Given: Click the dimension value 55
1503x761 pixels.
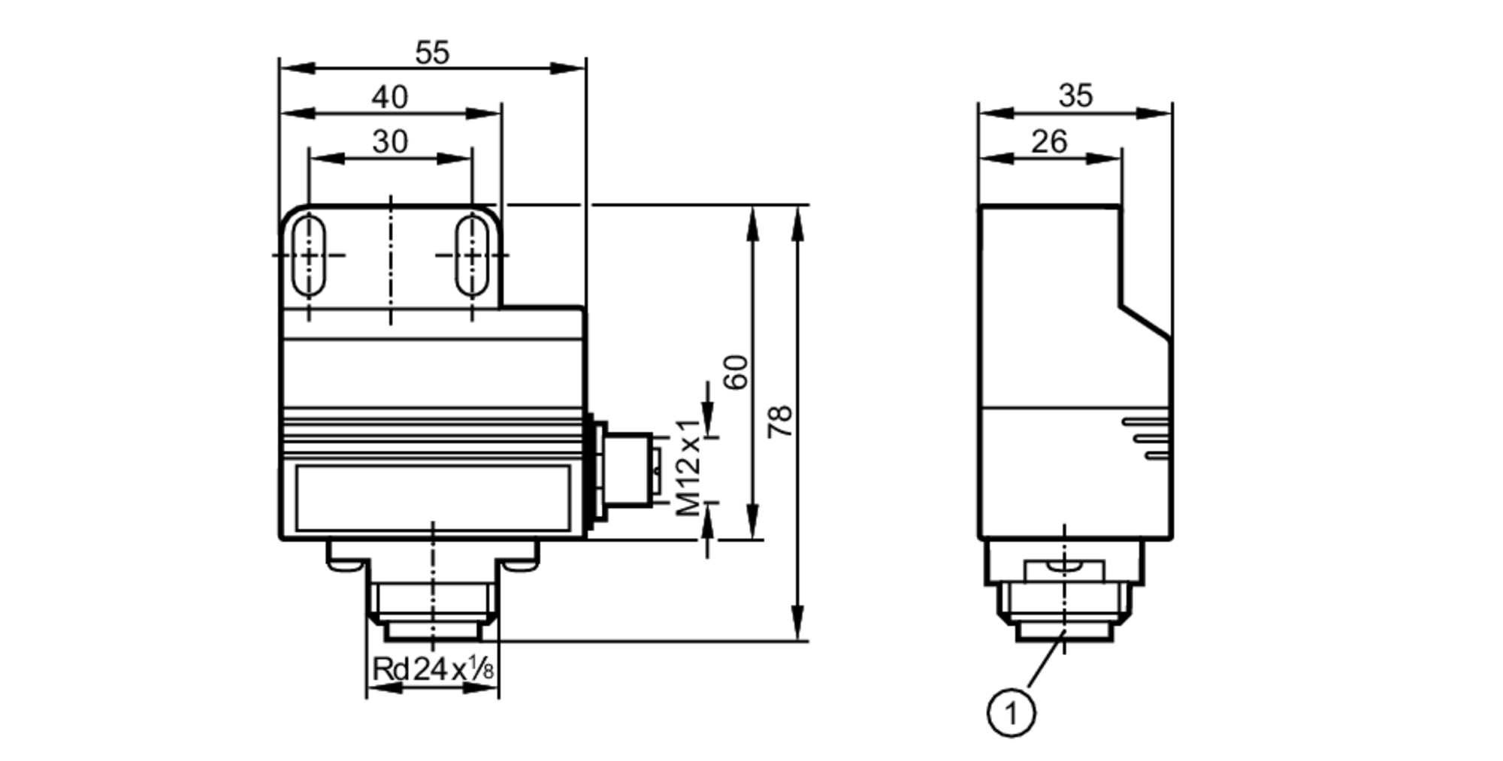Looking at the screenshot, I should pyautogui.click(x=432, y=53).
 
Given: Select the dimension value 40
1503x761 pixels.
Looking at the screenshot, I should pyautogui.click(x=390, y=97).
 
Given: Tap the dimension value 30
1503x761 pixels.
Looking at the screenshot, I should pyautogui.click(x=390, y=141).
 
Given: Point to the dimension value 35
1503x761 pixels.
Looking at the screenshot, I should pyautogui.click(x=1075, y=95).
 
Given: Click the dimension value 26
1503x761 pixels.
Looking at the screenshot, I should pyautogui.click(x=1049, y=141).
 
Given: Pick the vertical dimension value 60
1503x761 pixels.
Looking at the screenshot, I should pyautogui.click(x=736, y=371).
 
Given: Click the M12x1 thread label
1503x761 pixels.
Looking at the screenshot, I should pyautogui.click(x=688, y=467).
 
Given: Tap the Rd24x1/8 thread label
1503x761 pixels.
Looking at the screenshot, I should pyautogui.click(x=433, y=668).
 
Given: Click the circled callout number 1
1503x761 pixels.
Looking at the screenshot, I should pyautogui.click(x=1011, y=712).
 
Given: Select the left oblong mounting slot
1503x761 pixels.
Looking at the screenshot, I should pyautogui.click(x=309, y=255).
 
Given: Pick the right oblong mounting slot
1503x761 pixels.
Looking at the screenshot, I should pyautogui.click(x=472, y=255).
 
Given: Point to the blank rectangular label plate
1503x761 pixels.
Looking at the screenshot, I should pyautogui.click(x=432, y=497).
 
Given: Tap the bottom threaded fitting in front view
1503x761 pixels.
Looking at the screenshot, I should pyautogui.click(x=432, y=601).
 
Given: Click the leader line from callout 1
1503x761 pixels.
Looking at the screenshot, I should pyautogui.click(x=1045, y=661).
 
